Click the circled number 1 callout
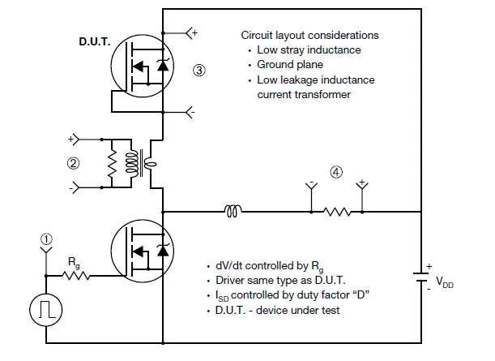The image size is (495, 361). click(x=46, y=239)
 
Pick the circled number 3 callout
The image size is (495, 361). click(x=198, y=70)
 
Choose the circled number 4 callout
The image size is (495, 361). click(x=336, y=171)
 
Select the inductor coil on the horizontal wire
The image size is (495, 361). click(x=232, y=213)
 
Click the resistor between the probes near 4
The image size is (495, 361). click(x=337, y=213)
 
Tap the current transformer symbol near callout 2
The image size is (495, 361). click(x=146, y=161)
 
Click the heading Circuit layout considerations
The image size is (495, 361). click(x=309, y=36)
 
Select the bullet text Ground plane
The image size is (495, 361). click(x=290, y=64)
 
